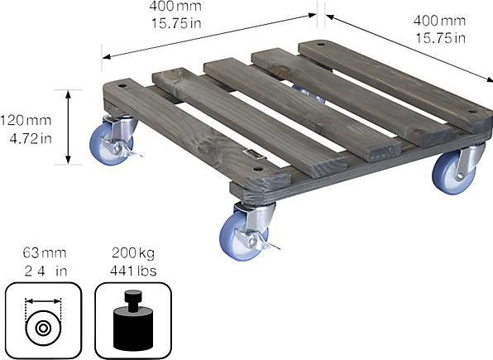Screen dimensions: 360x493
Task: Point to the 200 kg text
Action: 132,252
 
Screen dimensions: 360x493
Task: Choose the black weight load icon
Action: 132,319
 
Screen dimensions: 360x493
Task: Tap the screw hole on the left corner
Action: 122,84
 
